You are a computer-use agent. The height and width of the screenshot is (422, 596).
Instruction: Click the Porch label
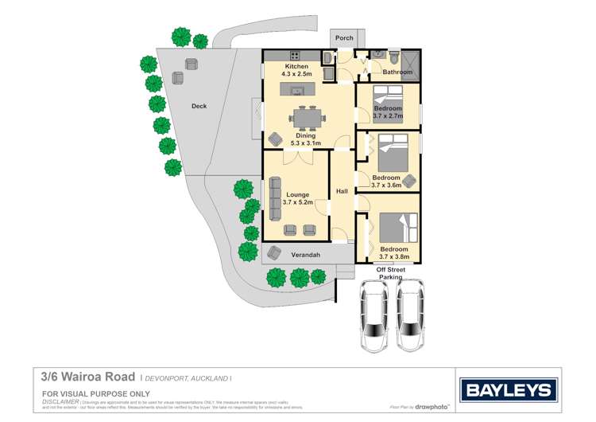(x=344, y=37)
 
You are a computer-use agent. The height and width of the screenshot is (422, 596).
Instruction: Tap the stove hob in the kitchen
(x=295, y=56)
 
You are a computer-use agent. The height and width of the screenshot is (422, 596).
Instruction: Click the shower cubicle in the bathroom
(x=412, y=61)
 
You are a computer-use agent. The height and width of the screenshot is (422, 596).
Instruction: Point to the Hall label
(x=342, y=192)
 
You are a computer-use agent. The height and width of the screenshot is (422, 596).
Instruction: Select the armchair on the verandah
(x=274, y=252)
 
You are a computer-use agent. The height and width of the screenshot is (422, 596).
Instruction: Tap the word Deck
(x=199, y=105)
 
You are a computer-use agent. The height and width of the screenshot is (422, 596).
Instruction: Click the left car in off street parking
(x=373, y=315)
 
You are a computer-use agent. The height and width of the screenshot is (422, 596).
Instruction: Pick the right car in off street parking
(x=410, y=315)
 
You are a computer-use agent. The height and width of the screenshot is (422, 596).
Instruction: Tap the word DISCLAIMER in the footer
(x=60, y=402)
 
